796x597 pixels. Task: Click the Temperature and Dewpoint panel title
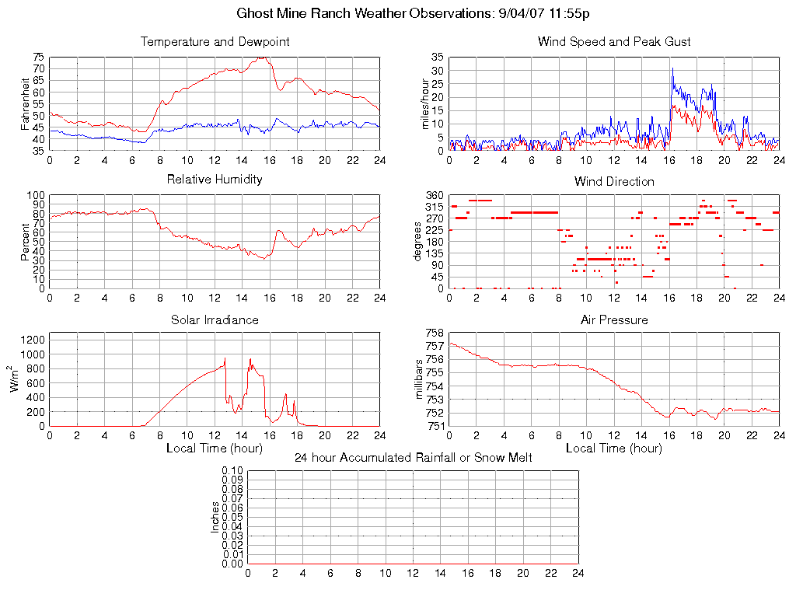[x=215, y=42]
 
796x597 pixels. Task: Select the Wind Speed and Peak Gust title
[x=614, y=42]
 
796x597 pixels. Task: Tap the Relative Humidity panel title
[x=215, y=180]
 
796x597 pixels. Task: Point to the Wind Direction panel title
[x=614, y=181]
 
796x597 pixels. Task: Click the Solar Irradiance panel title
[x=215, y=319]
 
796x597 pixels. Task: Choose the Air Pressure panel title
[x=614, y=319]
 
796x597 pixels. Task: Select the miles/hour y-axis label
[x=425, y=104]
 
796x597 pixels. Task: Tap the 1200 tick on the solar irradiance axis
[x=33, y=339]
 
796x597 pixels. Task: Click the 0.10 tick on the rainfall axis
[x=232, y=471]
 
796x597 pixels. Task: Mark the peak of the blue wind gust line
[x=672, y=68]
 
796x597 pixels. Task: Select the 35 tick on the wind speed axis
[x=437, y=57]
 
